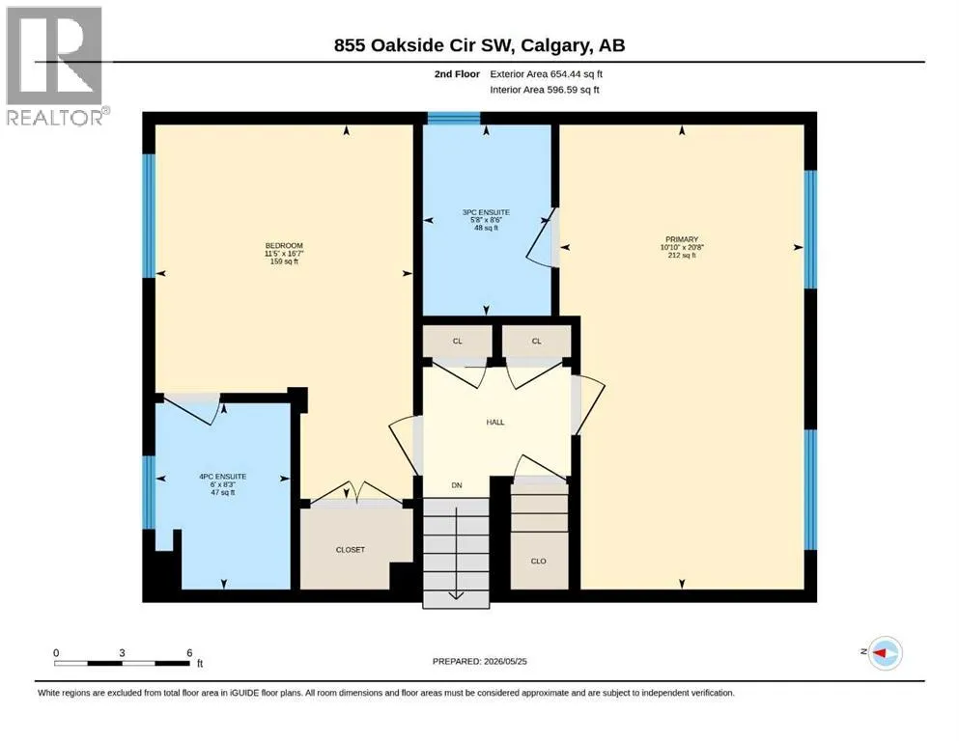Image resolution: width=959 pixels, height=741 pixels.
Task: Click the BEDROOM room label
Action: (x=284, y=246)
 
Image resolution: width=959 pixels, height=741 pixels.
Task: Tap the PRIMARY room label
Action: (x=682, y=239)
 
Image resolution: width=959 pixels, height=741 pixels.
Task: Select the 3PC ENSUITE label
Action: (x=486, y=212)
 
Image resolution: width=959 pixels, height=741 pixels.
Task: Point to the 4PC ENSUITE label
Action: (x=223, y=477)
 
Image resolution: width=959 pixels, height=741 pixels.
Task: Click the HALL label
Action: (x=495, y=423)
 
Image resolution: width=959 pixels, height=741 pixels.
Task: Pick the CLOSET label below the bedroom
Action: (x=351, y=550)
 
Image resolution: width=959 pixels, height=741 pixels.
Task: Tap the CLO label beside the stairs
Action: (x=538, y=561)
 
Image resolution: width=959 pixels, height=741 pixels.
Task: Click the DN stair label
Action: (x=457, y=485)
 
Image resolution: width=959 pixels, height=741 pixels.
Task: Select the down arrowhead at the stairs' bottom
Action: (x=456, y=595)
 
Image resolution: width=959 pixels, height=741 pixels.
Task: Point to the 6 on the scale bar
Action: (x=189, y=653)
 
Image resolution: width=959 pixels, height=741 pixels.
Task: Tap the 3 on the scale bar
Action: (x=123, y=653)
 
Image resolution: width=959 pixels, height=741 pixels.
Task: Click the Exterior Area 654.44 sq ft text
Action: (x=547, y=74)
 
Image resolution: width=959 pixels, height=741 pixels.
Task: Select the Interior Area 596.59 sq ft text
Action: (x=545, y=90)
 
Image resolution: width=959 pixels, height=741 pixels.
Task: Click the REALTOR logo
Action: (x=57, y=66)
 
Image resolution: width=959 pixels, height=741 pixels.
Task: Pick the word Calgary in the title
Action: (x=556, y=45)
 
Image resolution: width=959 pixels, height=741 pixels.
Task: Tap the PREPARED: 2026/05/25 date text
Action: (x=479, y=661)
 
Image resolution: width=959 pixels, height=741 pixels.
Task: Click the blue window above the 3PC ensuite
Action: (x=453, y=119)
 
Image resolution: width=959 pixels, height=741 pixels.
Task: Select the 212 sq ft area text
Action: (x=682, y=256)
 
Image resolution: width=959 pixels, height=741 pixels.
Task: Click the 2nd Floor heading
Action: (x=457, y=74)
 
